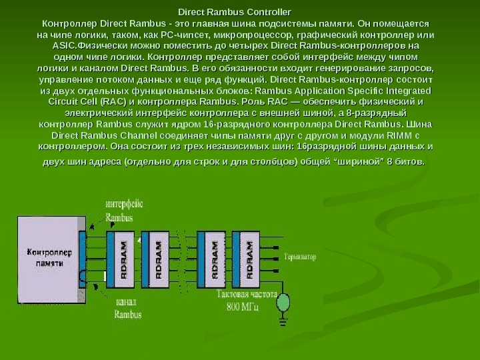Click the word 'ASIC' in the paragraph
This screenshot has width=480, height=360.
tap(63, 46)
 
